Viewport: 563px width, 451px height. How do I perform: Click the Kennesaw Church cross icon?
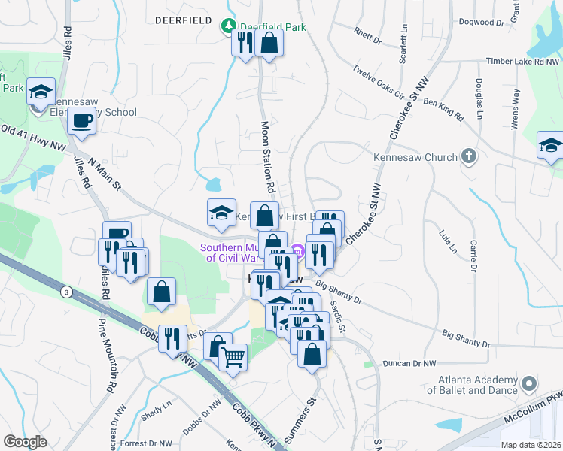click(469, 157)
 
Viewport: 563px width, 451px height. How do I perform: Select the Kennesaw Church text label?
click(415, 158)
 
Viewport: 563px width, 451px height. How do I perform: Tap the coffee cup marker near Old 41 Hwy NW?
click(81, 120)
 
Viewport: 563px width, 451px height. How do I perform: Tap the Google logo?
click(26, 442)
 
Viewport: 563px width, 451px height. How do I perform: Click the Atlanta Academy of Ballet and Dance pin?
click(528, 384)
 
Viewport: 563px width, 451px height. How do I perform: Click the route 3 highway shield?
click(67, 292)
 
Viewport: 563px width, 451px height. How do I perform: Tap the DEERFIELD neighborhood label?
click(183, 20)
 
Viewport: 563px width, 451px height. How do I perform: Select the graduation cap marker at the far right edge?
click(550, 146)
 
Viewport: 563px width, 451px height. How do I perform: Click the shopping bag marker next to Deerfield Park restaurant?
click(269, 42)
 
